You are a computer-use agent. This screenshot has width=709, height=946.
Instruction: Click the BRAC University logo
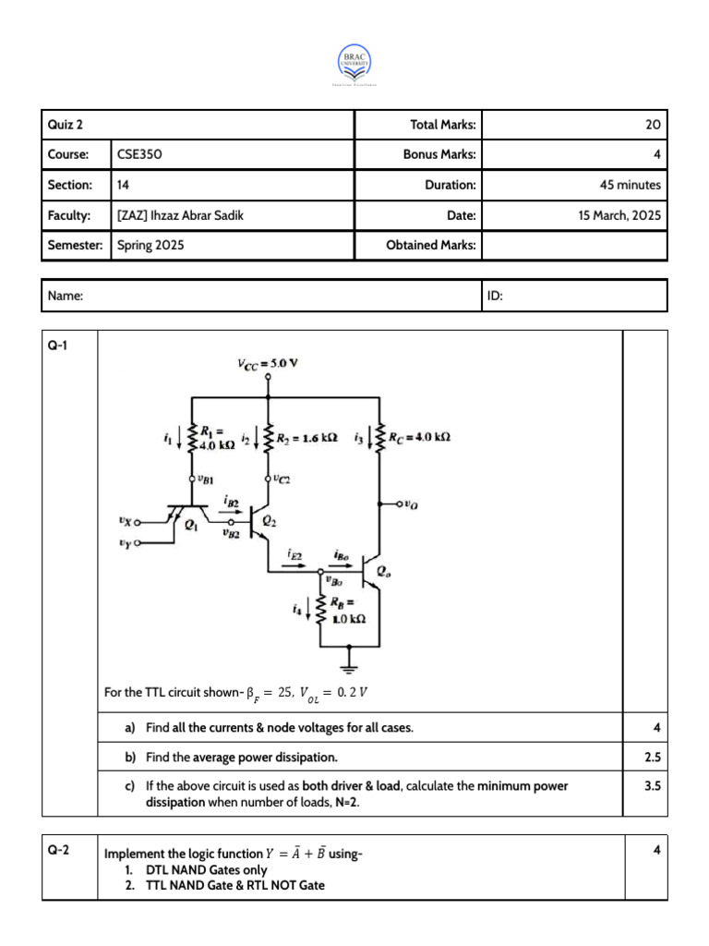(x=354, y=64)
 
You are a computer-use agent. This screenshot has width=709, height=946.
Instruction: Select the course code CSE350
(x=139, y=154)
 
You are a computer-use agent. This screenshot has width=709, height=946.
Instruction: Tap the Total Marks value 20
(x=653, y=125)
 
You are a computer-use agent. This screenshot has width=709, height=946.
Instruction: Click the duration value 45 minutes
(x=630, y=185)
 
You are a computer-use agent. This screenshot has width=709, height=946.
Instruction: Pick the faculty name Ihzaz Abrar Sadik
(x=182, y=215)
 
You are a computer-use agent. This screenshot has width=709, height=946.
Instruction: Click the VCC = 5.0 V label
(x=268, y=363)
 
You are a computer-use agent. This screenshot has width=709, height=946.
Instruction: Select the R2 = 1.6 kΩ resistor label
(x=306, y=437)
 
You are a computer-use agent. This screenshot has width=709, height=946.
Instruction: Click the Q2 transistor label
(x=270, y=521)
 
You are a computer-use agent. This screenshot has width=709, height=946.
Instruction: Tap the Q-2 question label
(x=58, y=851)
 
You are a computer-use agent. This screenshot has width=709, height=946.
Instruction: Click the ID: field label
(x=494, y=297)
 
